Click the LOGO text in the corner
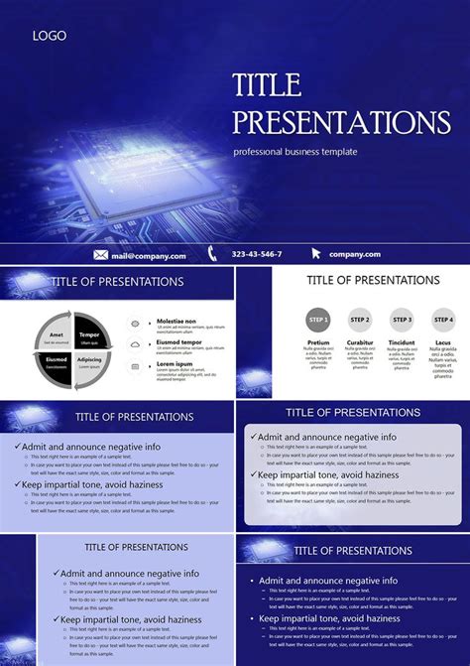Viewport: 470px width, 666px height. [x=50, y=36]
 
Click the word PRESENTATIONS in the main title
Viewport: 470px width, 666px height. [x=341, y=122]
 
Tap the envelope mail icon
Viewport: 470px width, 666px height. [x=100, y=255]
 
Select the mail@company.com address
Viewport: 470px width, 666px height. [x=149, y=255]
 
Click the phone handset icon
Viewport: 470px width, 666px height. [x=212, y=254]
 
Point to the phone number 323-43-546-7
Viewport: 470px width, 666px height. [x=257, y=255]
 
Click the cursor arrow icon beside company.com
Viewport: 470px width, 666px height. [x=316, y=254]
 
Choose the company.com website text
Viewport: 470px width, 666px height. [x=355, y=255]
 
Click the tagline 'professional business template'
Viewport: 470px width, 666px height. [x=295, y=152]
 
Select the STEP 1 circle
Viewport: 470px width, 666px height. [x=317, y=320]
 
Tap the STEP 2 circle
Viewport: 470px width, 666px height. [x=360, y=320]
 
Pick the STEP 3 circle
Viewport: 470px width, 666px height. [x=402, y=320]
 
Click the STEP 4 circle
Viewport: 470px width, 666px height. [x=443, y=320]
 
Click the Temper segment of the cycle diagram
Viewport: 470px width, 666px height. [x=89, y=326]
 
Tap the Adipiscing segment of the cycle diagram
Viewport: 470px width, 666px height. [x=89, y=360]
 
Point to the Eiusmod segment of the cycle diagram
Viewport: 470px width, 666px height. [x=56, y=360]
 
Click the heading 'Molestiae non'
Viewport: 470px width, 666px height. [x=176, y=322]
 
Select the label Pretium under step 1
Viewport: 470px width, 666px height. [x=317, y=341]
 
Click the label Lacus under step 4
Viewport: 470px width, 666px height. [x=443, y=341]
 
